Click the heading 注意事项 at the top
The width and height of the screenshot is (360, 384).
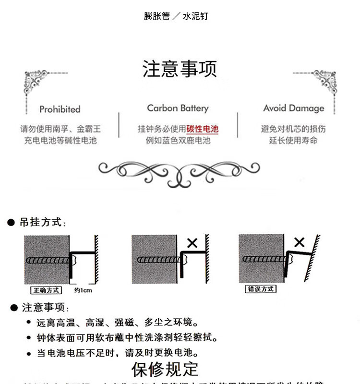[x=180, y=69]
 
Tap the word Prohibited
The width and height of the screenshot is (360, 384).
[x=60, y=109]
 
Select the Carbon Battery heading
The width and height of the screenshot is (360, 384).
[x=178, y=108]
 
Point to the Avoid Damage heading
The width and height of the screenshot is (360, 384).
[x=293, y=108]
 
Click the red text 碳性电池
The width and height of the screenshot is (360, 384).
[x=202, y=129]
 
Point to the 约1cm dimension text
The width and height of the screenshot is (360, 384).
[x=83, y=290]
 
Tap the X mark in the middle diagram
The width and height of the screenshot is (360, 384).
[x=192, y=243]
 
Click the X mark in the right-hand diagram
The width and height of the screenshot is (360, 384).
[x=299, y=242]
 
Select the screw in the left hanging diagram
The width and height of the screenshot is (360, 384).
[x=50, y=261]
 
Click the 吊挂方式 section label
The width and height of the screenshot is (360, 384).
[x=42, y=222]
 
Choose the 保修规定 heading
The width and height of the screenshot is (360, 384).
[x=165, y=369]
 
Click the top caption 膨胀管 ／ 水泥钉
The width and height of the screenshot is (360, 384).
[x=176, y=16]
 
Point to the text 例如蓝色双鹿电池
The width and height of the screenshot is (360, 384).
[x=178, y=141]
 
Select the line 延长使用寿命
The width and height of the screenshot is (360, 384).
[x=293, y=141]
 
